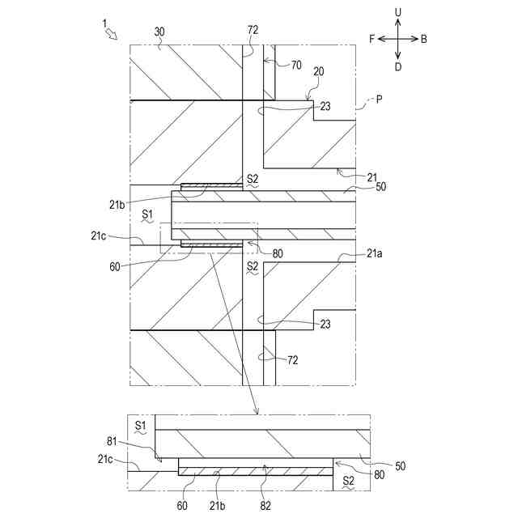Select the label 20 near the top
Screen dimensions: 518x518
coord(318,71)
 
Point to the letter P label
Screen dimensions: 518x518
coord(378,100)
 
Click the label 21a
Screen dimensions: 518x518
coord(373,254)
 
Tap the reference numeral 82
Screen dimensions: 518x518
coord(266,507)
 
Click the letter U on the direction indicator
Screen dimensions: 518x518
coord(398,12)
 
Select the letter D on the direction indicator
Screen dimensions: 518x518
coord(398,66)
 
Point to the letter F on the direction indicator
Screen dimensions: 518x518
coord(371,39)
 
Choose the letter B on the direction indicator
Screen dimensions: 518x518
coord(425,39)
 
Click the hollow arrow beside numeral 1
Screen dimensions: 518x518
coord(111,34)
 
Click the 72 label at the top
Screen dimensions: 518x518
coord(253,30)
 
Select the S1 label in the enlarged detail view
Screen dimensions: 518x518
coord(140,426)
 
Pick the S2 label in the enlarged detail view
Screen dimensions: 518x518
coord(349,482)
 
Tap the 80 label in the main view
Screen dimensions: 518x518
coord(278,253)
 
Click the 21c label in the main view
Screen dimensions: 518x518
coord(118,236)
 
